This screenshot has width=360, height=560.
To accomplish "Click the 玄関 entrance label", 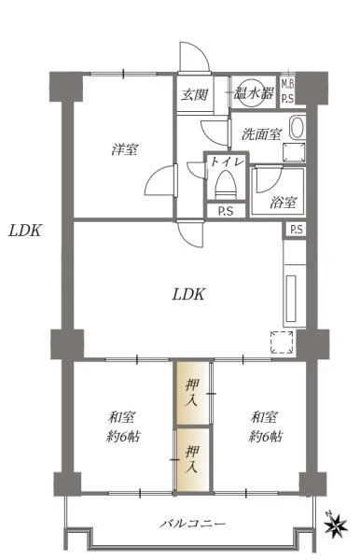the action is [194, 94].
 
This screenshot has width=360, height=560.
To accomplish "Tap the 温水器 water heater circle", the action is [253, 92].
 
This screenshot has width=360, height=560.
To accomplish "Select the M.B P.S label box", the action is [287, 91].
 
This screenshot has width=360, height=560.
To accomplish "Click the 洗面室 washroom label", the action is [261, 134].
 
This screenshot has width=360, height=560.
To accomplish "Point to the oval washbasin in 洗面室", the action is [297, 128].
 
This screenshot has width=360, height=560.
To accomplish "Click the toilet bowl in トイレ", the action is [227, 185].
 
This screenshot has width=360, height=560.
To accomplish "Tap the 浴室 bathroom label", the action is [283, 203].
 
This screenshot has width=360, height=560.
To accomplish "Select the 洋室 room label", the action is [125, 149].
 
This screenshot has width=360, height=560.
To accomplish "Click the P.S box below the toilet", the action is [227, 211].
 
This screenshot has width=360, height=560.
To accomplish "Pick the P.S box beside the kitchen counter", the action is [297, 230].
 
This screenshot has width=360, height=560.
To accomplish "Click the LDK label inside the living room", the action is [188, 295].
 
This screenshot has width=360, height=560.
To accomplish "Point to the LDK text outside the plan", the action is [25, 231].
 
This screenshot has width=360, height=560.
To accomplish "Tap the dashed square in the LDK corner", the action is [282, 343].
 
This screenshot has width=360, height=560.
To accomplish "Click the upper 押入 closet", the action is [192, 393].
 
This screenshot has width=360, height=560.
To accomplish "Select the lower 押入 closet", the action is [192, 459].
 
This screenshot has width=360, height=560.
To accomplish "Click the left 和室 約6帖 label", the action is [122, 427].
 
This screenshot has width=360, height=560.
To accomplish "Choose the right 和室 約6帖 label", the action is [265, 427].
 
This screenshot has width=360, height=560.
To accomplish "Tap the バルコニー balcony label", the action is [193, 524].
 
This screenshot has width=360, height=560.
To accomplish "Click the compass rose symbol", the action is [336, 525].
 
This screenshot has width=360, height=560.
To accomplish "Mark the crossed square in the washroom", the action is [295, 152].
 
